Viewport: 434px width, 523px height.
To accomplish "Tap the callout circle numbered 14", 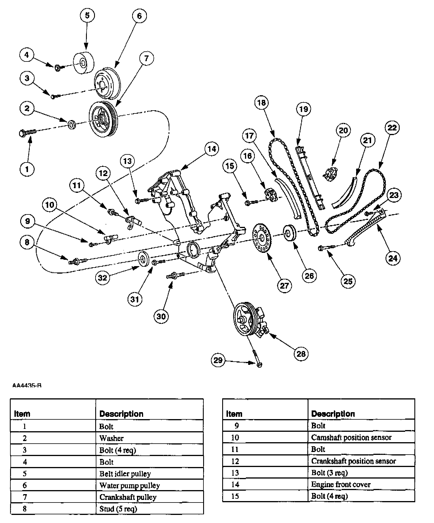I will point(212,149).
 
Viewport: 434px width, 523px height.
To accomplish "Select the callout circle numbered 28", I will point(301,354).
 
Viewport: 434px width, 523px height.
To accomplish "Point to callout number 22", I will point(392,128).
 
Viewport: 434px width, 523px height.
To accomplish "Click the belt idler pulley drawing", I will point(84,63).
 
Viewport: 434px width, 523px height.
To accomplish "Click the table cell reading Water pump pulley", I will point(130,485).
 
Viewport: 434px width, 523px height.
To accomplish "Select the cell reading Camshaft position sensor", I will point(351,437).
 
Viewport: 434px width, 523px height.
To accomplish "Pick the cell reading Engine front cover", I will point(341,484).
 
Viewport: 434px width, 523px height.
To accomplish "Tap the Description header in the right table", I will point(333,414).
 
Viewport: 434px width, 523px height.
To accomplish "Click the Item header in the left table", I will point(22,414).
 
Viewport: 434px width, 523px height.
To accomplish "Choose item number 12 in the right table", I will point(235,461).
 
